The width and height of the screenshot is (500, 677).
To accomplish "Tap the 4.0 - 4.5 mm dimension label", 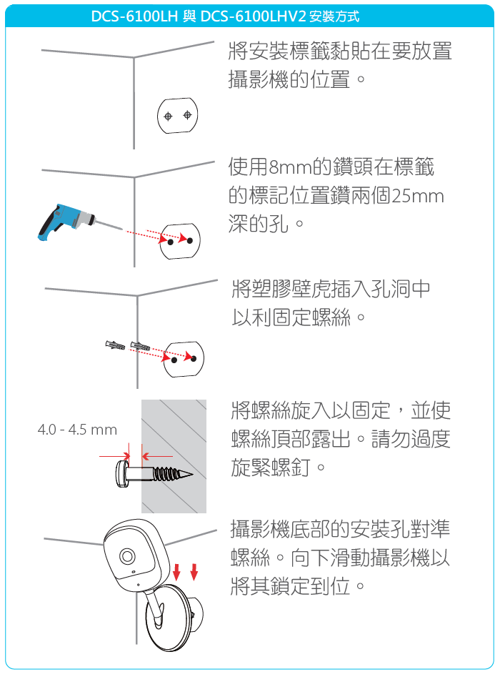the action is (x=77, y=430).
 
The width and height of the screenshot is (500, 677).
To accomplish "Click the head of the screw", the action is (x=121, y=474).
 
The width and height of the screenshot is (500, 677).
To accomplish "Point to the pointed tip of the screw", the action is (x=191, y=475).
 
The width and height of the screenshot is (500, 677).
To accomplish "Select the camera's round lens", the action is (x=127, y=555).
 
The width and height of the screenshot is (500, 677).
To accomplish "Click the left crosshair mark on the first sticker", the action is (x=168, y=116).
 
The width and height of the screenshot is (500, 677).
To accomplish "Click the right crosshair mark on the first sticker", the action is (x=187, y=115).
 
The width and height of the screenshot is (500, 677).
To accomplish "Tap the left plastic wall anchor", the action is (x=115, y=345).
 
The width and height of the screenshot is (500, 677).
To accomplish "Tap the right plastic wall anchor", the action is (x=140, y=345).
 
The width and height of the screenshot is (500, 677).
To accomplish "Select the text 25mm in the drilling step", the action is (x=418, y=196).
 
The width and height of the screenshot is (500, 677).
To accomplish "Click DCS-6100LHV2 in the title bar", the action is (x=254, y=16).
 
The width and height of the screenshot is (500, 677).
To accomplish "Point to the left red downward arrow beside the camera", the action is (x=176, y=571).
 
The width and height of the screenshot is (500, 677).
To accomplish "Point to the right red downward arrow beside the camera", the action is (x=194, y=571).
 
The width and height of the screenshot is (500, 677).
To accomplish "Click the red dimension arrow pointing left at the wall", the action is (x=157, y=456).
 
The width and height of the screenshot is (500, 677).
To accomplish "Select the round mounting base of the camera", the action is (x=167, y=618).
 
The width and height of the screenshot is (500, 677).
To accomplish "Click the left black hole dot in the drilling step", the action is (x=171, y=242).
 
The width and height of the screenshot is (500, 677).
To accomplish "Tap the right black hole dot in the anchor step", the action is (x=194, y=358).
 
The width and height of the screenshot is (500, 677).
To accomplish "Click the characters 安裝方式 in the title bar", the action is (x=334, y=16).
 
